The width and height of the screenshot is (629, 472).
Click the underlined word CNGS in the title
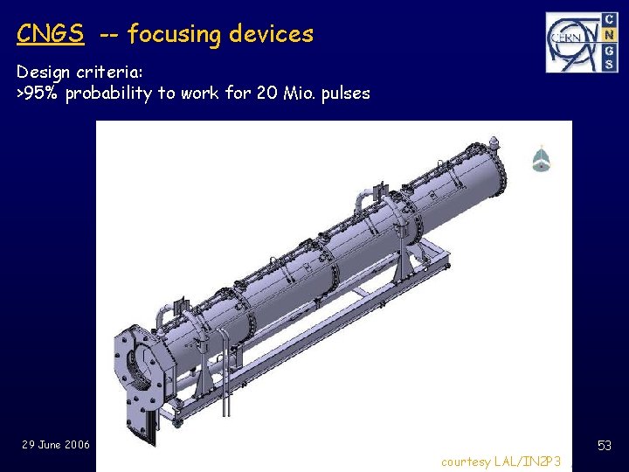click(51, 34)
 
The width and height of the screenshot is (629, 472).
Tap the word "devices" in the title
click(270, 34)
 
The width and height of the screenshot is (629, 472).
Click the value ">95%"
click(38, 94)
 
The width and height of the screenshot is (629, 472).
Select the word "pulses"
click(344, 94)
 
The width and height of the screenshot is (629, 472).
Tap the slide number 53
click(604, 447)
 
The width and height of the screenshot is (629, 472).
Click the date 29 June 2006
click(56, 445)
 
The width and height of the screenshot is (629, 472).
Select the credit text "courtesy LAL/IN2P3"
click(501, 461)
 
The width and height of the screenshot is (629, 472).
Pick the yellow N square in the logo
click(605, 34)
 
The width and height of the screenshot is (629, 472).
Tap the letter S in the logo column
click(605, 64)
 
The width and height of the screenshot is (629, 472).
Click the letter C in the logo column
click(605, 19)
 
